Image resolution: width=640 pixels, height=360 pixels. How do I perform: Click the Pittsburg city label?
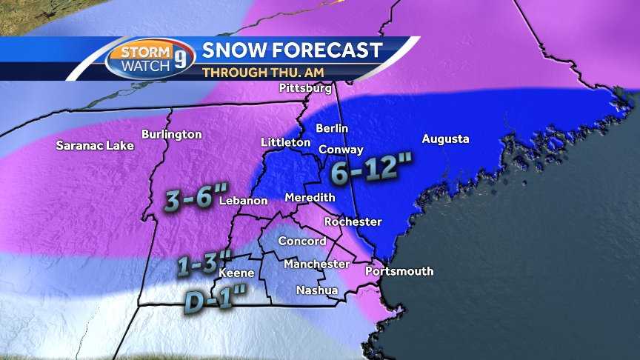(305, 88)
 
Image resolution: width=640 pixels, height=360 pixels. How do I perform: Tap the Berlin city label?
(331, 128)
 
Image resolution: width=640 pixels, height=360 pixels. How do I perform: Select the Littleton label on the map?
(285, 141)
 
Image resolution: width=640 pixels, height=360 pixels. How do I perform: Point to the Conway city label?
(341, 149)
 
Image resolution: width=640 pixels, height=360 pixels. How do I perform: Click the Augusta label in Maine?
(445, 139)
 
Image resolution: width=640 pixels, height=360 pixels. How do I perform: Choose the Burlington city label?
(171, 134)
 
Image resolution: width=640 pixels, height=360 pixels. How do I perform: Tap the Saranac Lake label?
(95, 145)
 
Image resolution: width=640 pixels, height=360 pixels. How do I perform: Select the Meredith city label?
(310, 198)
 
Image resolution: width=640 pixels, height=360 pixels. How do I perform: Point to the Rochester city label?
(353, 221)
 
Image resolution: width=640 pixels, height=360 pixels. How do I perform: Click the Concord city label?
(301, 241)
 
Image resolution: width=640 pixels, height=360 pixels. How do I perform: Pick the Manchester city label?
(316, 264)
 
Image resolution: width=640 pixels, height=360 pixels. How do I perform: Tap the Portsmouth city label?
(399, 271)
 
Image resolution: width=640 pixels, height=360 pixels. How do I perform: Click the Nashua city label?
(316, 290)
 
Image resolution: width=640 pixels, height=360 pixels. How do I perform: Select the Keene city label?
(236, 273)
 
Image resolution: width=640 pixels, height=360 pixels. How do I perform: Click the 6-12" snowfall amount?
(370, 173)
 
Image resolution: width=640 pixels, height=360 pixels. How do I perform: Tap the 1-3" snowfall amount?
(205, 263)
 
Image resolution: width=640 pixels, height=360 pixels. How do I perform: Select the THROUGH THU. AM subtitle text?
(263, 73)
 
